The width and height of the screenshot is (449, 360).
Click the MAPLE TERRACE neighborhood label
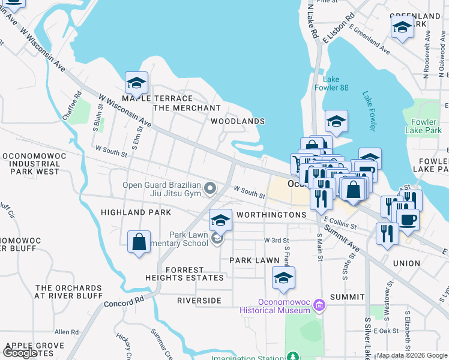[157, 98]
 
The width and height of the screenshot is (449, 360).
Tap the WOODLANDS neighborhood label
[238, 121]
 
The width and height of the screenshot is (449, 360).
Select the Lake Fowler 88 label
[336, 83]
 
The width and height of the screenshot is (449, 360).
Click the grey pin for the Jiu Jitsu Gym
[209, 190]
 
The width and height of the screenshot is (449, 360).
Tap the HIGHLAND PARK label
[136, 212]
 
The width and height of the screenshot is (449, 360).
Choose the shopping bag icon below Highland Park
[139, 242]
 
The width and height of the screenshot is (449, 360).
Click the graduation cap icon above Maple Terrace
[136, 83]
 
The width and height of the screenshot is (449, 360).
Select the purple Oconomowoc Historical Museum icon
[318, 306]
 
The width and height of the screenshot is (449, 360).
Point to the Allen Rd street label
[67, 332]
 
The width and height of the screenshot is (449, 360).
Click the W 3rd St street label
[277, 240]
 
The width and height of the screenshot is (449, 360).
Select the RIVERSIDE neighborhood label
[199, 300]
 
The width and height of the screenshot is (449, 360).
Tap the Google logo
[20, 353]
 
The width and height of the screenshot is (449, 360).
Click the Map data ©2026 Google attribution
[411, 355]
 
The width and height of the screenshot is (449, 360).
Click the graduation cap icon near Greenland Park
[402, 26]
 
